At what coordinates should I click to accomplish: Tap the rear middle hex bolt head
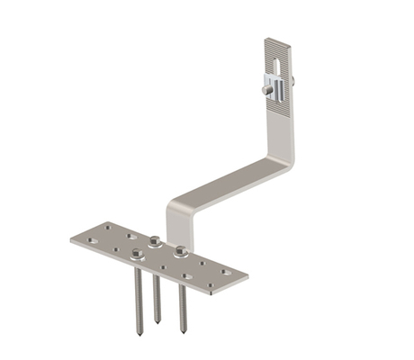point(156,241)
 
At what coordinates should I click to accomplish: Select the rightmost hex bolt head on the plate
point(181,249)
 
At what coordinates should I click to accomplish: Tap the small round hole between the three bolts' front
point(159,260)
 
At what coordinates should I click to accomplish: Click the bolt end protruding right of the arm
point(292,84)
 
